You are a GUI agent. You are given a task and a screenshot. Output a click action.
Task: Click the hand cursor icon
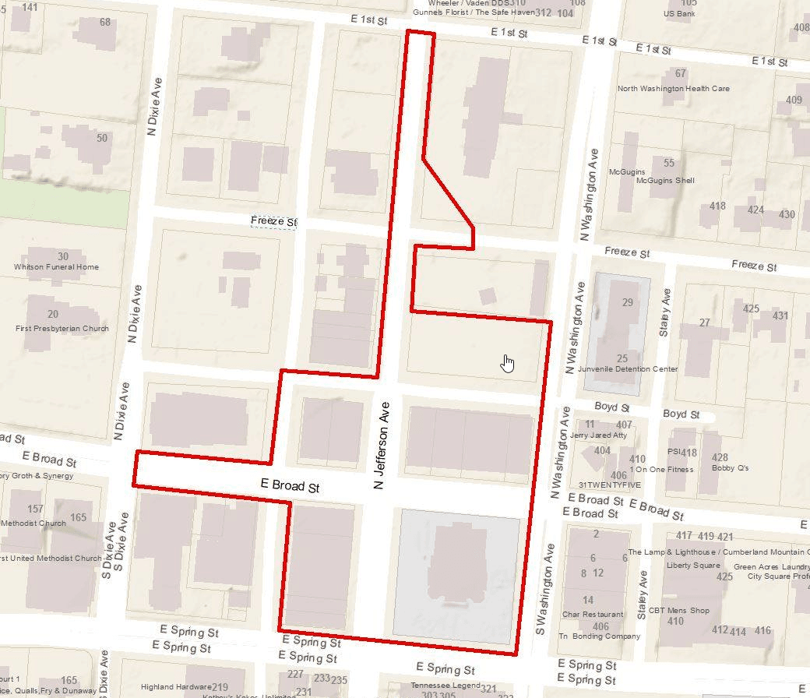(508, 363)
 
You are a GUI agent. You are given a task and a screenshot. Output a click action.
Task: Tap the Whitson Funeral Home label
(57, 267)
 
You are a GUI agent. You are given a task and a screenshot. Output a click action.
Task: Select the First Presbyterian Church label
(62, 329)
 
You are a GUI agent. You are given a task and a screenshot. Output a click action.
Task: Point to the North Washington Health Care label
(674, 89)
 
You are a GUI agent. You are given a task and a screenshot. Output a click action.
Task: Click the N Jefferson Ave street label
(381, 446)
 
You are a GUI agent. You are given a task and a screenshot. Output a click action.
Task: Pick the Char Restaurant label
(592, 614)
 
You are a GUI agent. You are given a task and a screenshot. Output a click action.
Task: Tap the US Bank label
(679, 14)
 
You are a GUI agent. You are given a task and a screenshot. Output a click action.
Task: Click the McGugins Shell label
(665, 181)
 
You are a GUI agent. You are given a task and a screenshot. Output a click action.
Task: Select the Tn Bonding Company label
(599, 636)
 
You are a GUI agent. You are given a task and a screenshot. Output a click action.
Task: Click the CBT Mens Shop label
(678, 611)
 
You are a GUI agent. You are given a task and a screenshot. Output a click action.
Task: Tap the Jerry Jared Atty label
(599, 436)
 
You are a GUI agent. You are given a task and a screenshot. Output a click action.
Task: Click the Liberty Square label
(693, 566)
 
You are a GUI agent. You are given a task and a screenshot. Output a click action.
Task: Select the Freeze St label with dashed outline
(274, 222)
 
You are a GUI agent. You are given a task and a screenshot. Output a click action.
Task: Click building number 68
(105, 23)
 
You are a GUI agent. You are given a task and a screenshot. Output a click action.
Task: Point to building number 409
(794, 100)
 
